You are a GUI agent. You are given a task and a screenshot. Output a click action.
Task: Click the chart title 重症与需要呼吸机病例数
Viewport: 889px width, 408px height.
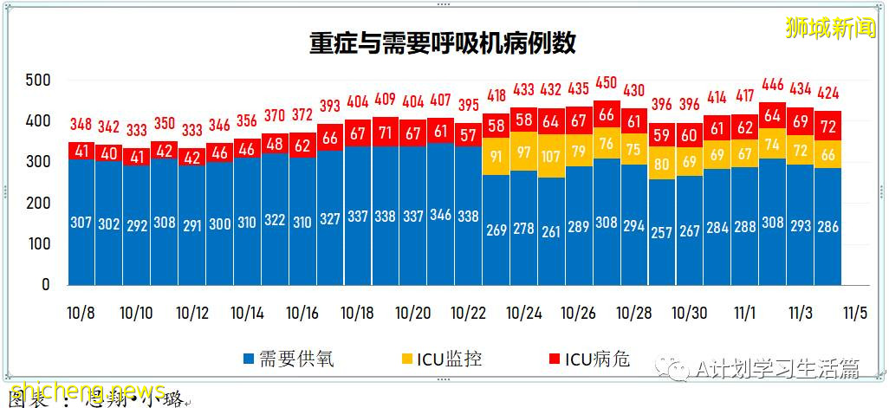[x=443, y=43]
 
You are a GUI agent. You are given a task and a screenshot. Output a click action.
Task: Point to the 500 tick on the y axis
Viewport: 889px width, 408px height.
[x=39, y=81]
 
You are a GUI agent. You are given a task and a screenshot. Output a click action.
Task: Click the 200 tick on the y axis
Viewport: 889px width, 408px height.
[x=39, y=204]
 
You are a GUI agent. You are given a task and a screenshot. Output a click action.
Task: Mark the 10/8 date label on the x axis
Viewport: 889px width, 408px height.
[x=81, y=313]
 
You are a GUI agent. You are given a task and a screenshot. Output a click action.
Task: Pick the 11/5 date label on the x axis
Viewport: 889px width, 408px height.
[x=856, y=313]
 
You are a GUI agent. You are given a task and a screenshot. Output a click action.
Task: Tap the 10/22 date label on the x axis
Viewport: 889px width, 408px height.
[x=469, y=313]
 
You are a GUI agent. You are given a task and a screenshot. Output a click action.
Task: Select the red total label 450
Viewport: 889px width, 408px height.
[x=607, y=83]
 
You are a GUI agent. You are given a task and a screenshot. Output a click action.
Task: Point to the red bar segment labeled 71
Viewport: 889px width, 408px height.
[x=386, y=133]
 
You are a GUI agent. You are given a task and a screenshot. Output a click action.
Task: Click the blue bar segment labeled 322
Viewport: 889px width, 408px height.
[x=275, y=220]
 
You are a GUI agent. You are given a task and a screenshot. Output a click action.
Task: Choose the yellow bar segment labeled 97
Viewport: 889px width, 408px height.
[x=524, y=152]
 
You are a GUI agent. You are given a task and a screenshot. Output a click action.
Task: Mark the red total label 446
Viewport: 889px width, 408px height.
[x=772, y=85]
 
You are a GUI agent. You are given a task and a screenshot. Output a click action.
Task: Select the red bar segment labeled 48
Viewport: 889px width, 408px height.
[x=275, y=144]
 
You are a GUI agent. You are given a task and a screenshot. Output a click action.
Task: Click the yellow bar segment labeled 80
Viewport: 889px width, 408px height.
[x=662, y=163]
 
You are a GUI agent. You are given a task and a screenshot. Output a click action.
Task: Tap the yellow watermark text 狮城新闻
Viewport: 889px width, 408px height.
[x=829, y=29]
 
